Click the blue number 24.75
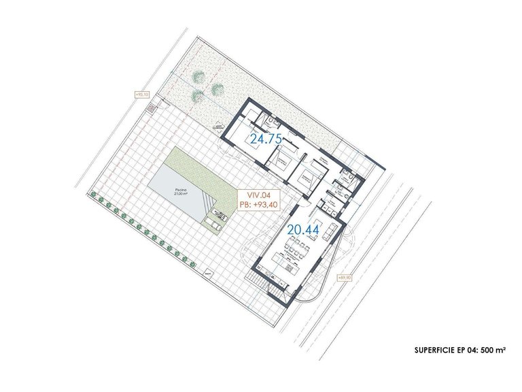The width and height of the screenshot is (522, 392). (x=265, y=139)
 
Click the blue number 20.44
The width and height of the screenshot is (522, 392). (x=302, y=229)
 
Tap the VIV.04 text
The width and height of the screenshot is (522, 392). (x=252, y=193)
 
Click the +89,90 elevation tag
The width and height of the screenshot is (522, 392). (x=345, y=277)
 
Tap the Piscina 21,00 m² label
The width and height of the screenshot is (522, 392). (x=161, y=193)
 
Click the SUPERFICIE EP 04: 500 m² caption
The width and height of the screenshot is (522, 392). (x=459, y=350)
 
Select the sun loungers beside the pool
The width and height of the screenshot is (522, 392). (x=217, y=218)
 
